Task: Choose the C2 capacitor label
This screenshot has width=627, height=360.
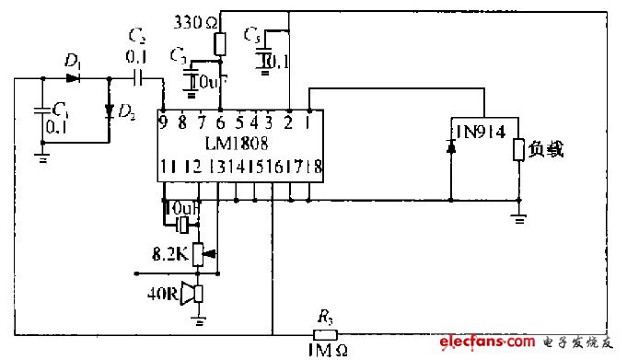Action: (x=137, y=38)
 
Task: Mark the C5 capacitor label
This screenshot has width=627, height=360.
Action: (x=251, y=35)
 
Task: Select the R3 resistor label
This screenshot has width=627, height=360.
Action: (x=325, y=317)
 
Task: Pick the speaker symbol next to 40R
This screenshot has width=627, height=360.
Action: (x=192, y=295)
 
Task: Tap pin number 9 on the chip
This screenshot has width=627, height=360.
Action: (x=163, y=120)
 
